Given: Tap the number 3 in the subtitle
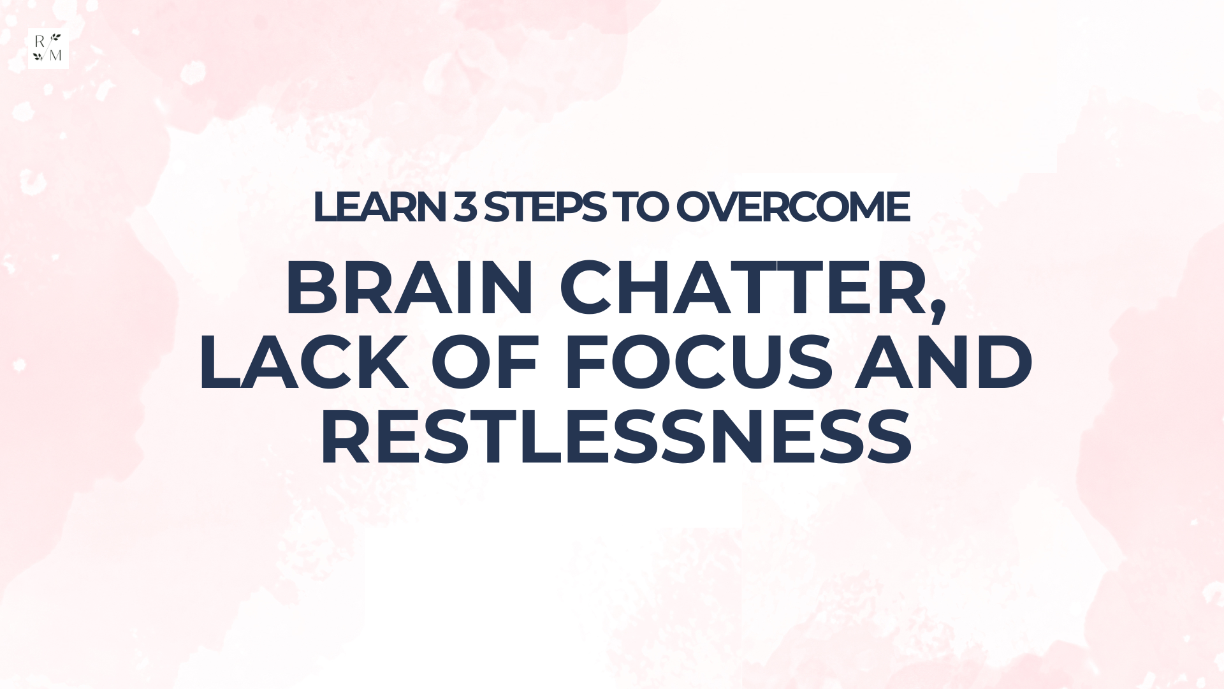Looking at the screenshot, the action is coord(465,207).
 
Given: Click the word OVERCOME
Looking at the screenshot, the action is coord(792,207).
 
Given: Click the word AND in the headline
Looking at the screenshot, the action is coord(943,362).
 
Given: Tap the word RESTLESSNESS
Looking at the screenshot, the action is coord(616,436).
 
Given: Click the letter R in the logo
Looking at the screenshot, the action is coord(40,41).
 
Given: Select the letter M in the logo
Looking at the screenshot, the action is coord(55,56).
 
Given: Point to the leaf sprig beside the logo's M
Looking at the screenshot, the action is coord(38,56).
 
